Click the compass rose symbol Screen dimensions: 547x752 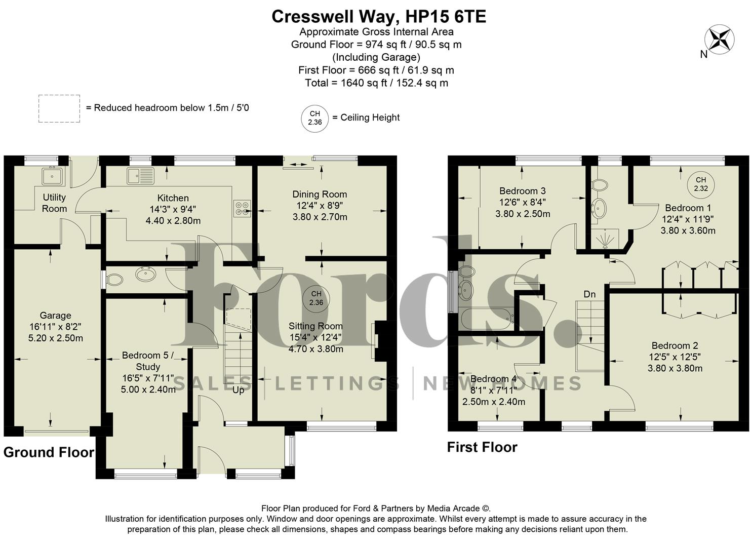click(x=720, y=40)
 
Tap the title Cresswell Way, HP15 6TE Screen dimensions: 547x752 click(x=378, y=16)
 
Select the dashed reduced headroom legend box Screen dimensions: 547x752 click(x=59, y=108)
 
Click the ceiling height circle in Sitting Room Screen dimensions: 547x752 click(x=316, y=298)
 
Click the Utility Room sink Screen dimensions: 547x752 click(x=53, y=176)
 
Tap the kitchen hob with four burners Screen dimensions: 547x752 click(x=242, y=209)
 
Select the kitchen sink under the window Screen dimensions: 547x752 click(x=140, y=176)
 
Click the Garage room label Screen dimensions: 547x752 click(x=55, y=316)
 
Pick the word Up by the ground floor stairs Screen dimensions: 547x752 click(x=238, y=390)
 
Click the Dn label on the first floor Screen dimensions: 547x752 click(x=589, y=294)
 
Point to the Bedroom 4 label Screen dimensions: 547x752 click(x=493, y=379)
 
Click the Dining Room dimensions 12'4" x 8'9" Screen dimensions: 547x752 click(x=320, y=206)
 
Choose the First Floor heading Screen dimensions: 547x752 click(x=482, y=447)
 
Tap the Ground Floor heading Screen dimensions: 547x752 click(x=49, y=452)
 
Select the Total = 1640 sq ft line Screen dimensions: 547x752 click(x=376, y=83)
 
